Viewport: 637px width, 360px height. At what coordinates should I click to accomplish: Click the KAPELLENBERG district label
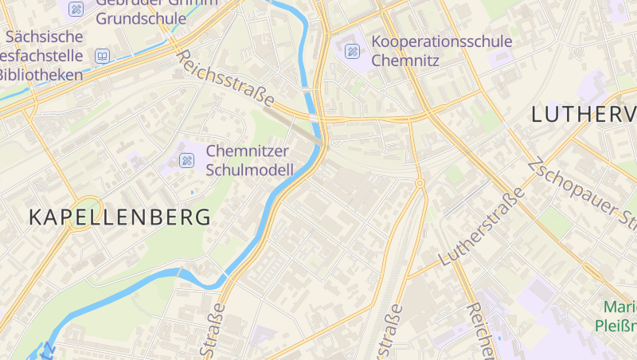(120, 217)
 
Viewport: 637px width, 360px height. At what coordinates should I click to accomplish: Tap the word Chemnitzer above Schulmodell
(247, 151)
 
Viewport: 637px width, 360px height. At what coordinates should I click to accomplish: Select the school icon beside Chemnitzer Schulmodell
(187, 160)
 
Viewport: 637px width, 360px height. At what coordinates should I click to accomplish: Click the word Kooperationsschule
(442, 41)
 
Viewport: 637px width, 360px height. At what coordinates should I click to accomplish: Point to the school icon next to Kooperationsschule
(352, 51)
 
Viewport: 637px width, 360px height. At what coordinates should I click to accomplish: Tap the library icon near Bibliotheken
(102, 56)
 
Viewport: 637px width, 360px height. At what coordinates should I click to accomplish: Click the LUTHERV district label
(583, 115)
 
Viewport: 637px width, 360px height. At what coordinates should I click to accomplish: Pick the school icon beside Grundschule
(76, 9)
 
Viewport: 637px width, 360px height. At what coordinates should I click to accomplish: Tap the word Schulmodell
(249, 169)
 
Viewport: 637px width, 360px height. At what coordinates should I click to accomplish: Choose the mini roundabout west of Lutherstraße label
(420, 183)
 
